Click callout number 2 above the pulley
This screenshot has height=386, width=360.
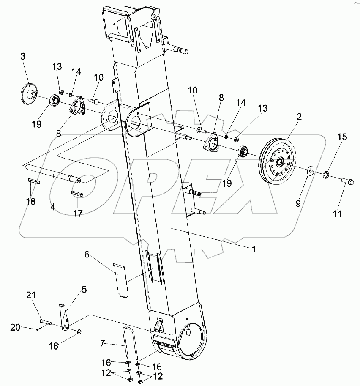[299, 117]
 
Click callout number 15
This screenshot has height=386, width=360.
[342, 137]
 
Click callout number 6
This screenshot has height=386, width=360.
[87, 255]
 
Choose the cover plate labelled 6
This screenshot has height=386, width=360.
[120, 279]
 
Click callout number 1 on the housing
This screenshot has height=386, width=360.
[254, 249]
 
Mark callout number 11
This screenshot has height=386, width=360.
[337, 214]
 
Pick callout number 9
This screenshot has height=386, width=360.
[298, 203]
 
